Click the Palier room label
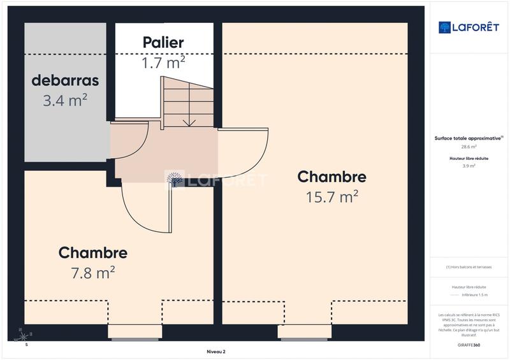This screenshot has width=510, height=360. (163, 43)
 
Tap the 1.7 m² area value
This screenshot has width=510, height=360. (163, 62)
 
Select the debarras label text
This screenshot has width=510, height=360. (66, 82)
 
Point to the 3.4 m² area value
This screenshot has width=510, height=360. (66, 100)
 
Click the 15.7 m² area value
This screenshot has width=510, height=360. (331, 197)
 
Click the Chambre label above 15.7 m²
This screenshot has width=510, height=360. (331, 176)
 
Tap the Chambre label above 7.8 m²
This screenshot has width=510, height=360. (93, 253)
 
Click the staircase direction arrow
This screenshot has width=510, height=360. (189, 122)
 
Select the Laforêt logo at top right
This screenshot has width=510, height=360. (469, 27)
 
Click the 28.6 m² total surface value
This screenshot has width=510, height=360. (469, 147)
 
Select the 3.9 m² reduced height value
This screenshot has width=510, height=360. (469, 166)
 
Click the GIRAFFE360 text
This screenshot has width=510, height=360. (469, 345)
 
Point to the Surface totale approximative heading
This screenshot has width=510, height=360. (469, 138)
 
